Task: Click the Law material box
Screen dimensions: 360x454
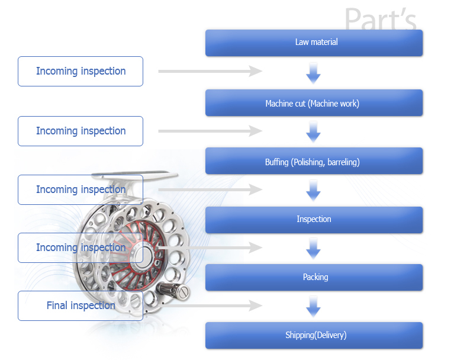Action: click(x=314, y=43)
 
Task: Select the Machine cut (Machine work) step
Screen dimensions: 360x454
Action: click(x=314, y=103)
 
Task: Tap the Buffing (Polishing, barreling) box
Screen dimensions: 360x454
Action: click(x=314, y=161)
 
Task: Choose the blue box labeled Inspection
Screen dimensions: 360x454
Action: click(x=314, y=220)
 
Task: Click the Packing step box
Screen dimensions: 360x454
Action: click(x=314, y=277)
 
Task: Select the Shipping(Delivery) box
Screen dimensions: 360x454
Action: click(x=314, y=335)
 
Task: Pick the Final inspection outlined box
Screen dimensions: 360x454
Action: click(x=81, y=306)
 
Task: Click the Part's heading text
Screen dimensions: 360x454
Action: click(x=381, y=19)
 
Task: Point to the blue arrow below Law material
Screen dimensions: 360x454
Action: click(x=313, y=73)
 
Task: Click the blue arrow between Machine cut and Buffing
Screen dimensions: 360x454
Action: click(x=313, y=133)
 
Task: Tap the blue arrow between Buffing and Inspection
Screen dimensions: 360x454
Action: click(x=313, y=191)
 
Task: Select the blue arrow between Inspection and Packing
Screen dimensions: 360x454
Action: click(x=313, y=249)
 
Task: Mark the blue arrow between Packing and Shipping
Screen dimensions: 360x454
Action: click(x=313, y=307)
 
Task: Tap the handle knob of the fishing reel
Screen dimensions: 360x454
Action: click(x=173, y=291)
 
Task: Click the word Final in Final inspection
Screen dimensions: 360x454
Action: click(x=57, y=306)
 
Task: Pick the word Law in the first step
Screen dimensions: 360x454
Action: click(x=302, y=42)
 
